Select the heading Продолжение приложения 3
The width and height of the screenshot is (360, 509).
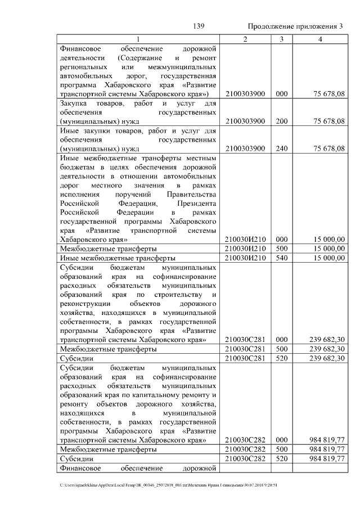(x=295, y=26)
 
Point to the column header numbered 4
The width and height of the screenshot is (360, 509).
(x=319, y=39)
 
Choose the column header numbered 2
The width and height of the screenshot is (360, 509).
(x=245, y=39)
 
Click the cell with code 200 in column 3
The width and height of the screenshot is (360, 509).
(x=282, y=121)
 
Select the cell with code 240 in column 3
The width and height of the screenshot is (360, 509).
(x=282, y=148)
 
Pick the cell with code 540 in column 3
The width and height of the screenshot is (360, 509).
(x=282, y=258)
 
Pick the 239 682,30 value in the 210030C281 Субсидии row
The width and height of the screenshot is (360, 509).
(x=327, y=358)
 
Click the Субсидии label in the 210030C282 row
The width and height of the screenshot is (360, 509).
(x=76, y=459)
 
